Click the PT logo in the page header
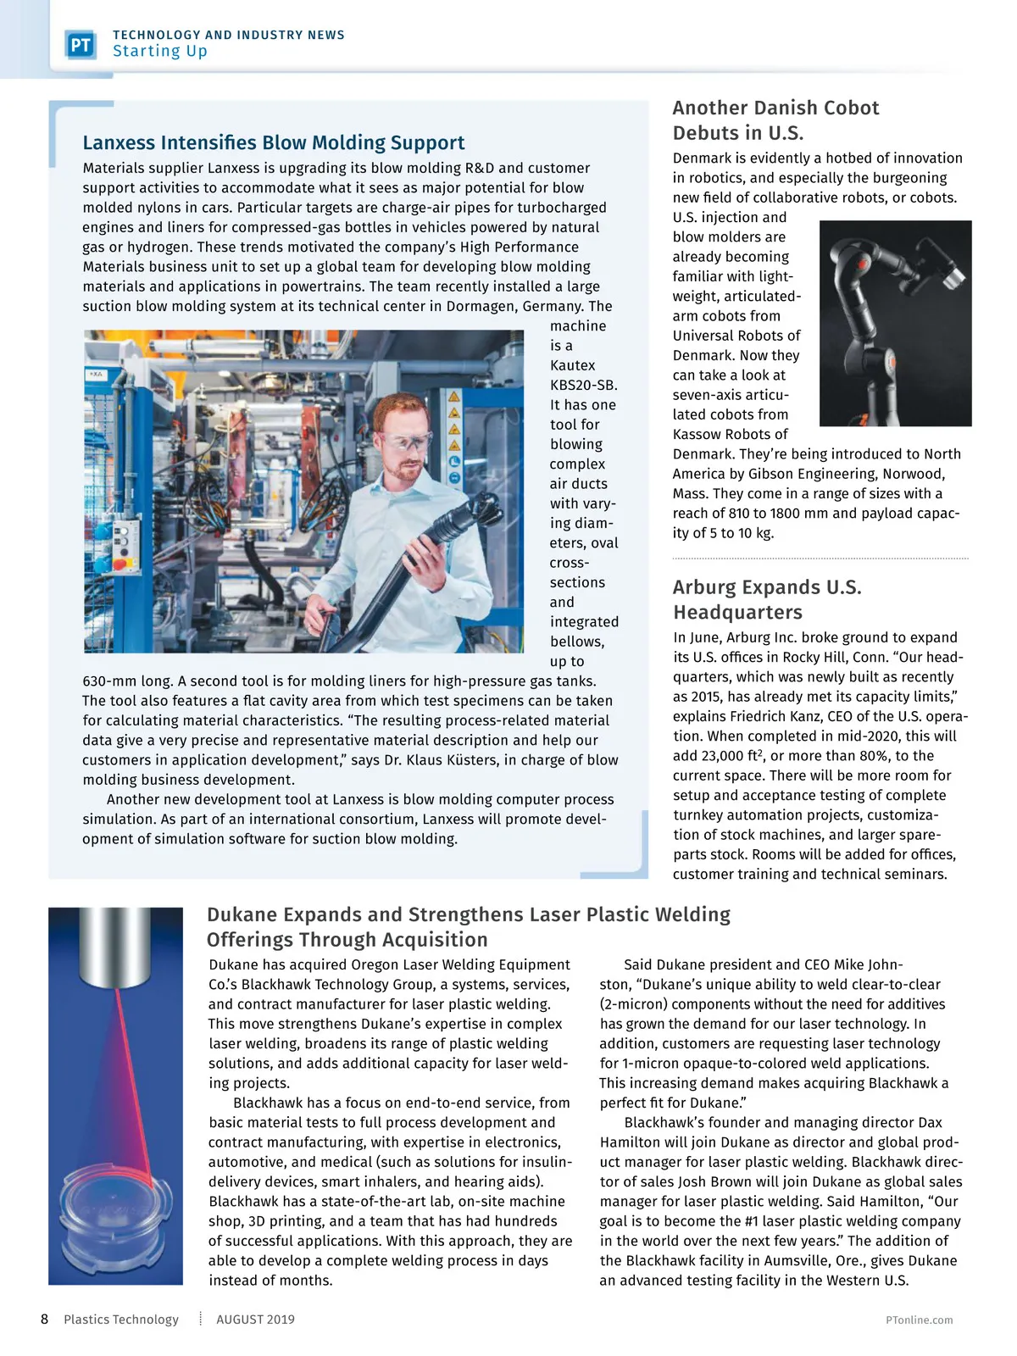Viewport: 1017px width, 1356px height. point(81,44)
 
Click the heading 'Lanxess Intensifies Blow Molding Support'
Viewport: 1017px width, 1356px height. point(274,142)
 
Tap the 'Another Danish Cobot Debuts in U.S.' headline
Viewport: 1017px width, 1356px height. point(775,120)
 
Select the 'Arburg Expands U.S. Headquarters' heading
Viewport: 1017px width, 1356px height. point(767,599)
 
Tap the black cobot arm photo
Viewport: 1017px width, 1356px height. point(895,322)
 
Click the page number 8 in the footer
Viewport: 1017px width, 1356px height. point(45,1319)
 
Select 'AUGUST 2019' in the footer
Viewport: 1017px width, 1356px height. point(255,1320)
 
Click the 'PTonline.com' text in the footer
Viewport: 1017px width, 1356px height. point(919,1320)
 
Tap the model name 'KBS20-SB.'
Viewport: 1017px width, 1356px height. point(584,385)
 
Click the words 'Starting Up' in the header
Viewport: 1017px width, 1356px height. point(160,52)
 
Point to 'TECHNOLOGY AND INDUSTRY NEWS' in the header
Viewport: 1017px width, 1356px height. point(229,35)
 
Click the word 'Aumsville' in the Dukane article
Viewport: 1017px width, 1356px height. point(802,1260)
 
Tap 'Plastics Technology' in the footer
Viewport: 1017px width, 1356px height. point(121,1320)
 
